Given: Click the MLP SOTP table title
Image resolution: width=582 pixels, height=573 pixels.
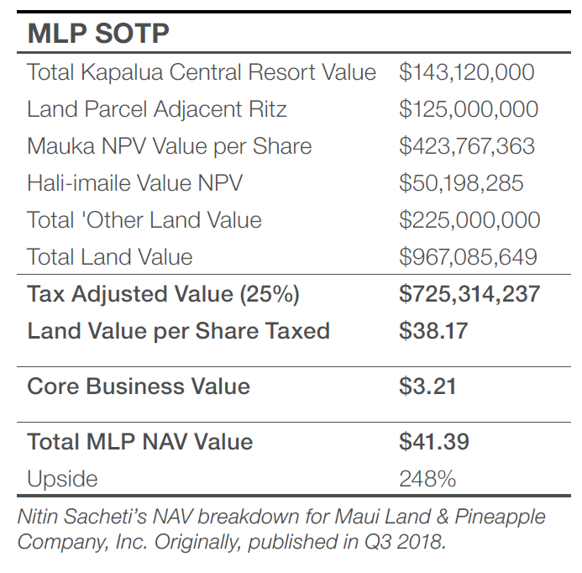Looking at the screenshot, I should point(98,33).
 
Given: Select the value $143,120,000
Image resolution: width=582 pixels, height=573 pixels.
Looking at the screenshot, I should point(466,72).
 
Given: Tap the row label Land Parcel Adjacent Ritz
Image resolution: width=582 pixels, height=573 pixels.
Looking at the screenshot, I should point(157,109).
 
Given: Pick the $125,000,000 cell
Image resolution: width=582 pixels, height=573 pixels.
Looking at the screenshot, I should point(469,109).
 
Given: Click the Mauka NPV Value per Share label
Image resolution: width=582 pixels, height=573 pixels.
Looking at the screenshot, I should point(169,146).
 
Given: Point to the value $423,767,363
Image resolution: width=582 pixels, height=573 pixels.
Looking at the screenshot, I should point(467,146).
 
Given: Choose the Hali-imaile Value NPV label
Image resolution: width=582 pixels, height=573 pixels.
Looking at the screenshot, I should point(134,183).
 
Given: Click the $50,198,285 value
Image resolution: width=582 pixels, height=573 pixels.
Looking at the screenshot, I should point(461,183).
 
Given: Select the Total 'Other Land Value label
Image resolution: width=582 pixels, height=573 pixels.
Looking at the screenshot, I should point(144,220).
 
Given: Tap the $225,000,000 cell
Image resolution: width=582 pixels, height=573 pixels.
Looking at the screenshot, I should point(469,220).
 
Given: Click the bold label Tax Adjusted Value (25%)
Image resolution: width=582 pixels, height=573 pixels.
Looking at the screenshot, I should point(163,294).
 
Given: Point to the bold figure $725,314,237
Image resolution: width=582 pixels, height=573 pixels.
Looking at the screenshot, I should point(469,294).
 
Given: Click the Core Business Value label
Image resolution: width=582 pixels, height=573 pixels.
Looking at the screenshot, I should point(139,386).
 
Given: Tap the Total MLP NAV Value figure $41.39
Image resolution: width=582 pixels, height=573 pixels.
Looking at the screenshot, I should point(434,442).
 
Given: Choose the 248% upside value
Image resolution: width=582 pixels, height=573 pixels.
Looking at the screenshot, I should point(427,479).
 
